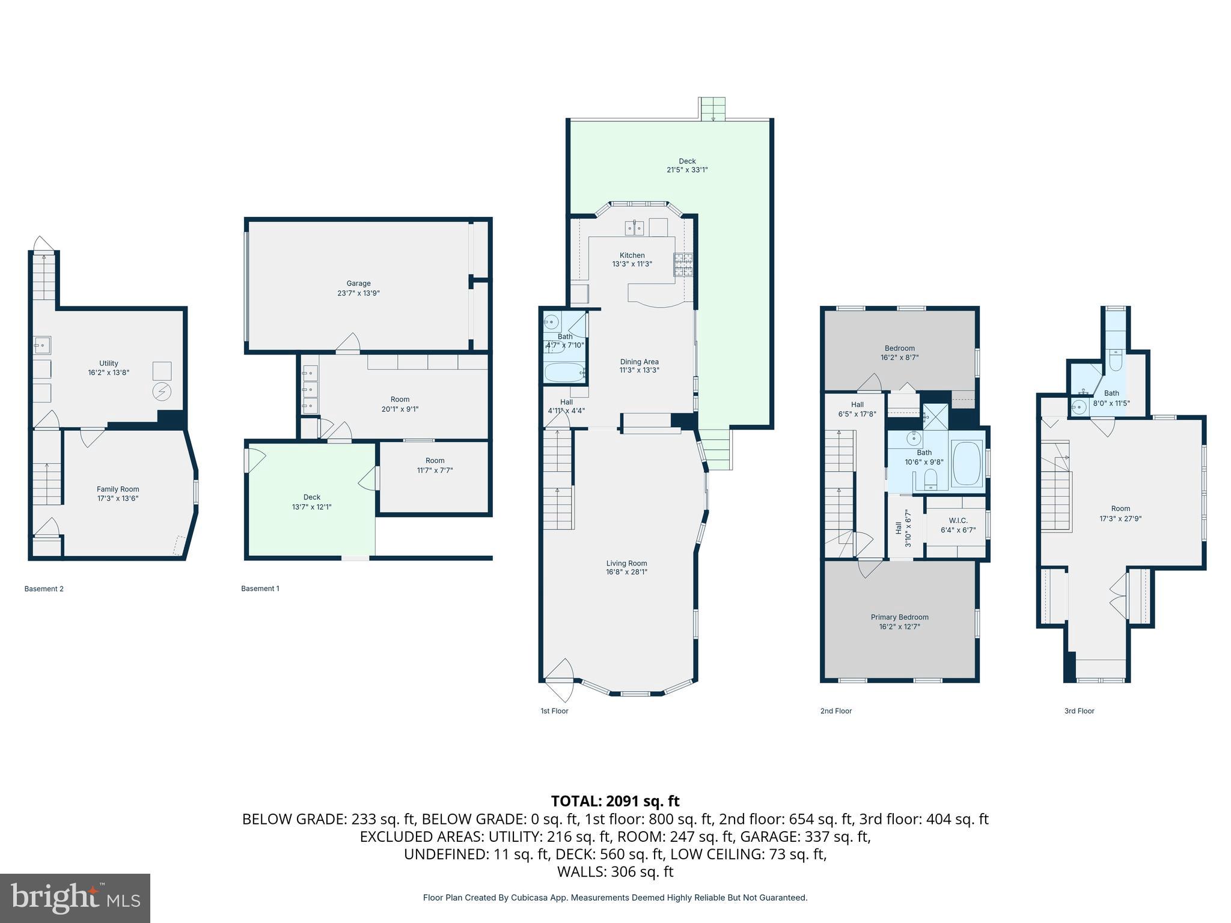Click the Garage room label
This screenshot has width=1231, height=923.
[358, 283]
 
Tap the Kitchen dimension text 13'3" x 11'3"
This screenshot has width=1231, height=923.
[632, 264]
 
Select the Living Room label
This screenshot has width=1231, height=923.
[626, 563]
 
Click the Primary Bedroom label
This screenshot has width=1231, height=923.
[899, 617]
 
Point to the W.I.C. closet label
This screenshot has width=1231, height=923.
[958, 520]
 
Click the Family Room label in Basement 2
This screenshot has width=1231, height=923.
[118, 489]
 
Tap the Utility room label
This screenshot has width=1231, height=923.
[109, 363]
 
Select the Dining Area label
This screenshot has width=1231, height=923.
[639, 362]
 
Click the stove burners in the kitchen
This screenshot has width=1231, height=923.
[683, 265]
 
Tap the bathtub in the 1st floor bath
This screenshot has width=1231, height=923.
[564, 373]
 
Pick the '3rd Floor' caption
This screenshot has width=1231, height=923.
[1079, 711]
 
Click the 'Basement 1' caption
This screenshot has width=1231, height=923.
[260, 588]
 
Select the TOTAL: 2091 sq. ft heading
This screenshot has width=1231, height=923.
[615, 801]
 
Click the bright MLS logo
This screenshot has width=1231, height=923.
[75, 898]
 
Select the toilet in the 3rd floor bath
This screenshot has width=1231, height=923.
[1115, 362]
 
